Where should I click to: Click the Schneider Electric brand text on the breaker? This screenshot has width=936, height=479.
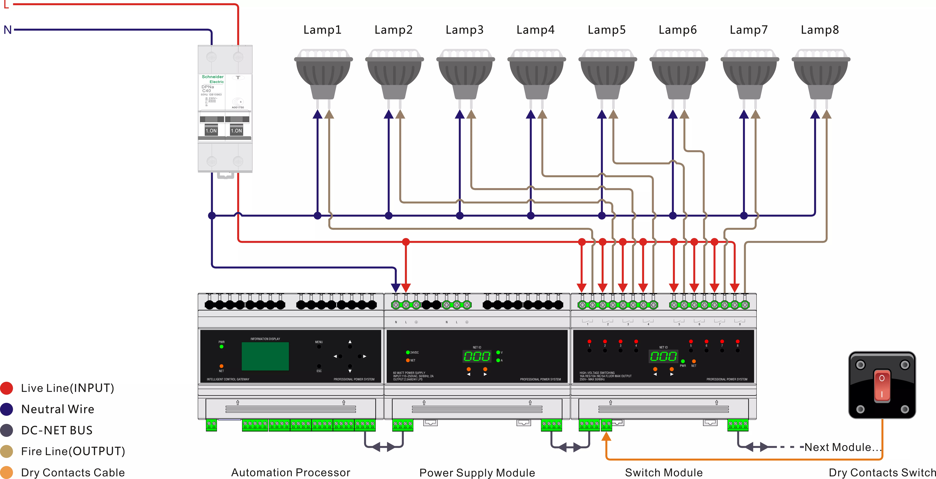point(213,79)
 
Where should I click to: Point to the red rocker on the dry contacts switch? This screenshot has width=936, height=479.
point(882,385)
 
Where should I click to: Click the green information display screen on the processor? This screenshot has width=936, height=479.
point(265,356)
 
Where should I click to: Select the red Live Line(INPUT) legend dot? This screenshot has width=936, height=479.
point(6,388)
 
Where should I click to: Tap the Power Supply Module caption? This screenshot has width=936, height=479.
point(477,473)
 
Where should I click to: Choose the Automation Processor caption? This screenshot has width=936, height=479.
point(291,473)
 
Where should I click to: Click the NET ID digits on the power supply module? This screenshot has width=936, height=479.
point(477,356)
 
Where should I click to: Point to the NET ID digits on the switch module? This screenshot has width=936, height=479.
point(663,356)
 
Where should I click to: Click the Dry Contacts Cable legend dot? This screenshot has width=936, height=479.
point(6,473)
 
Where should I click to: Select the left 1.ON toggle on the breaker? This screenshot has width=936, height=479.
point(211,130)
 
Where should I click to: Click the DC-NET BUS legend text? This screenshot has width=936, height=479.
point(57,430)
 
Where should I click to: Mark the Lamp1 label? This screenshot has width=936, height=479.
point(322,30)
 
